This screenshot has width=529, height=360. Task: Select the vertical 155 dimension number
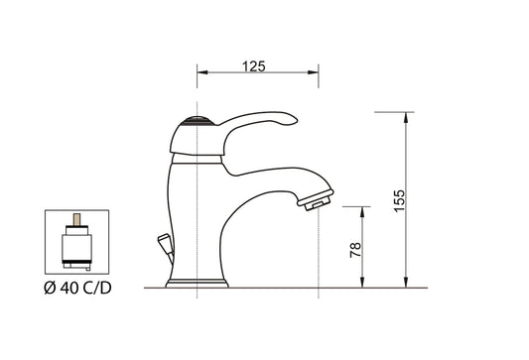399,198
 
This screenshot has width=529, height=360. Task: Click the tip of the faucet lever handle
292,120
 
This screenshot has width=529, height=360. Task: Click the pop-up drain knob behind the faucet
162,241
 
